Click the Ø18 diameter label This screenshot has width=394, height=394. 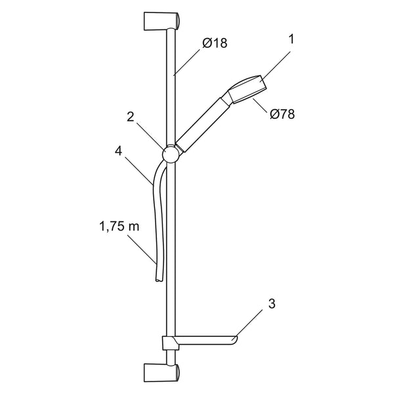(215, 43)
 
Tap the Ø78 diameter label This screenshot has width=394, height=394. (282, 114)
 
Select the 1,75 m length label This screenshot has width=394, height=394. (120, 227)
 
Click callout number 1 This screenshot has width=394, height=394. (291, 39)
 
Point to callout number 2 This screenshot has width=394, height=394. (131, 117)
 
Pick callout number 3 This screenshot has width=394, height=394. (272, 303)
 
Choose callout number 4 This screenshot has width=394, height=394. (119, 151)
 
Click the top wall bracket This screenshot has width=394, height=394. (162, 21)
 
